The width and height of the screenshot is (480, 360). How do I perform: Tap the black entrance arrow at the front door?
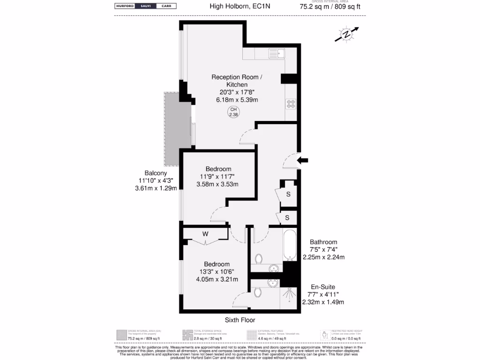[x=303, y=160]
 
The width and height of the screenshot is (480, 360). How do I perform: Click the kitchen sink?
[x=277, y=54]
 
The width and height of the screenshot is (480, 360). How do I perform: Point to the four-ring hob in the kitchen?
[x=291, y=104]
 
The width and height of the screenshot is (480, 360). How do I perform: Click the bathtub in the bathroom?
[x=290, y=245]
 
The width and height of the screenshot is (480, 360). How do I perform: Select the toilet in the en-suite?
[x=258, y=292]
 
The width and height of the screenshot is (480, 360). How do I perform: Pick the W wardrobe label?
[x=205, y=233]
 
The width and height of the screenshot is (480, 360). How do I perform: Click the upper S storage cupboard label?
[x=288, y=194]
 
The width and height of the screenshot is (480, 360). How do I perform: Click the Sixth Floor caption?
[x=240, y=320]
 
